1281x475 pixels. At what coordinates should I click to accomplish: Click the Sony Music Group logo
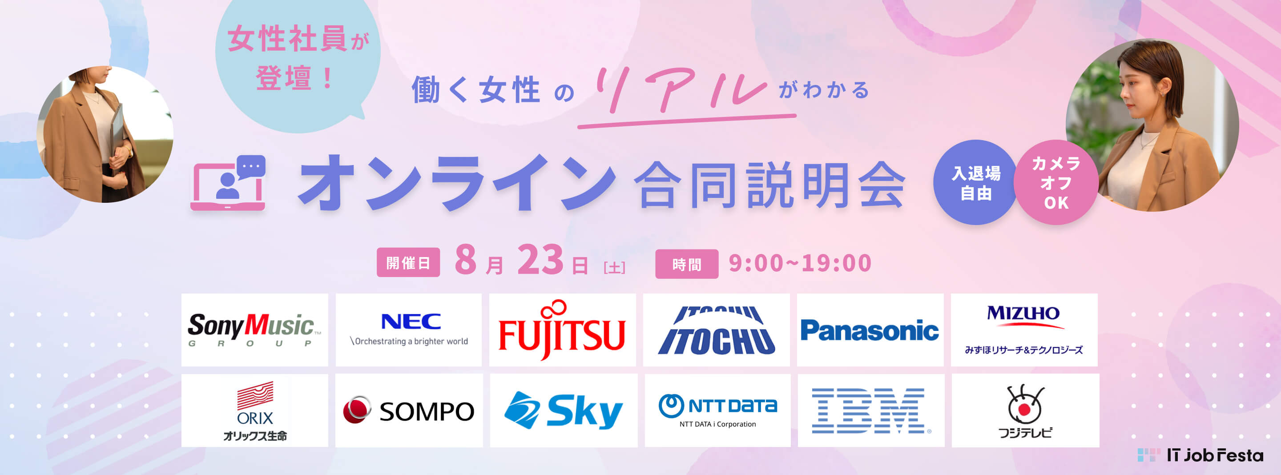point(254,330)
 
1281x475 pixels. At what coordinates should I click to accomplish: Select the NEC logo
point(409,329)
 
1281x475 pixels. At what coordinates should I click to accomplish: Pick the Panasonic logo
point(870,331)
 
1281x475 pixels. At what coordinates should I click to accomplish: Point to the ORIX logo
point(254,411)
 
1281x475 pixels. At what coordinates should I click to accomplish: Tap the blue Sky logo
point(564,411)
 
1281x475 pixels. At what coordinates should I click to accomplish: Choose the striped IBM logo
point(871,411)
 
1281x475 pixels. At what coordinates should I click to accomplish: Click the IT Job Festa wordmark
point(1200,455)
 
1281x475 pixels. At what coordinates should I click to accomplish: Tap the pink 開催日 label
point(408,262)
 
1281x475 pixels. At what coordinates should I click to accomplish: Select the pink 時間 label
point(687,264)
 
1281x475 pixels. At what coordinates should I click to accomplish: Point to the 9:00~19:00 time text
point(800,263)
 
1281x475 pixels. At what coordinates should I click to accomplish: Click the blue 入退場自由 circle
point(976,182)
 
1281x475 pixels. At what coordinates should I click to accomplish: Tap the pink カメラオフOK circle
point(1056,182)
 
